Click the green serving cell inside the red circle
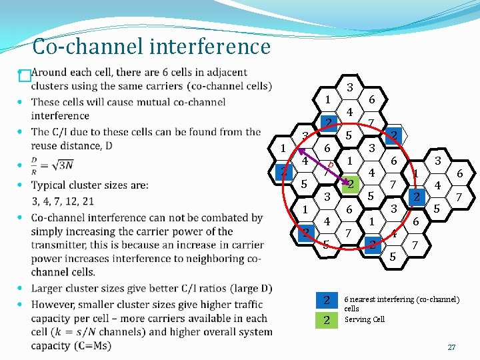pos(349,184)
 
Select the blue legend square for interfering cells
pos(327,300)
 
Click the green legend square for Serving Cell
pos(327,320)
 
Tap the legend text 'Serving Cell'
pos(365,320)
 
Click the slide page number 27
pos(451,347)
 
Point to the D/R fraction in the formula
pos(35,165)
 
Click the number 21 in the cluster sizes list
pos(87,201)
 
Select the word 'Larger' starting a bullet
pos(47,289)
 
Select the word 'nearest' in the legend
pos(366,300)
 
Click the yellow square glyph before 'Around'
pos(25,76)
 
